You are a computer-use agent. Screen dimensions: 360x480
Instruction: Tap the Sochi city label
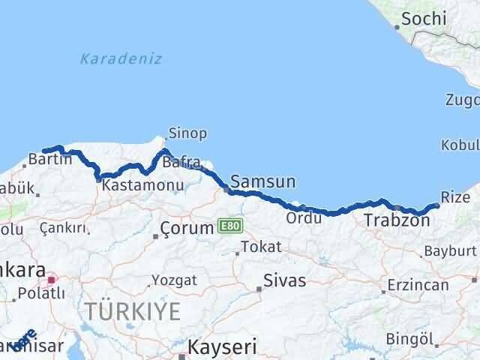(424, 19)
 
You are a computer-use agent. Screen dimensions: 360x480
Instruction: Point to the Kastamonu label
(133, 184)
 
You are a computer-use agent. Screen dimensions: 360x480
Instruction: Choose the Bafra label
(181, 161)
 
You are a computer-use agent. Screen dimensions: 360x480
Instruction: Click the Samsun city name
(263, 181)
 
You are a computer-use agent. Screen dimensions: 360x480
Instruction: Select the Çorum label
(189, 229)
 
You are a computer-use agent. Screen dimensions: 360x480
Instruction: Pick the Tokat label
(262, 247)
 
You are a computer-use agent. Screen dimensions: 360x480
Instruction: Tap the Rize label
(455, 196)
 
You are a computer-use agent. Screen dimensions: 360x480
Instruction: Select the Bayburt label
(450, 250)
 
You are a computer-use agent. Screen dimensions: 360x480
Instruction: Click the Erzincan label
(418, 286)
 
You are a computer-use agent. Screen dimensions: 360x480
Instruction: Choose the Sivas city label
(285, 281)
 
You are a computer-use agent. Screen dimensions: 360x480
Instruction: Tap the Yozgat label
(174, 280)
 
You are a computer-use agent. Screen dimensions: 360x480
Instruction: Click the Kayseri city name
(222, 347)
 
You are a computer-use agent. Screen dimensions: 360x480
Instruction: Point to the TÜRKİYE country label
(132, 310)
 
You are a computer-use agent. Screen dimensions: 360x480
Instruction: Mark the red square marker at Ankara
(51, 280)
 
